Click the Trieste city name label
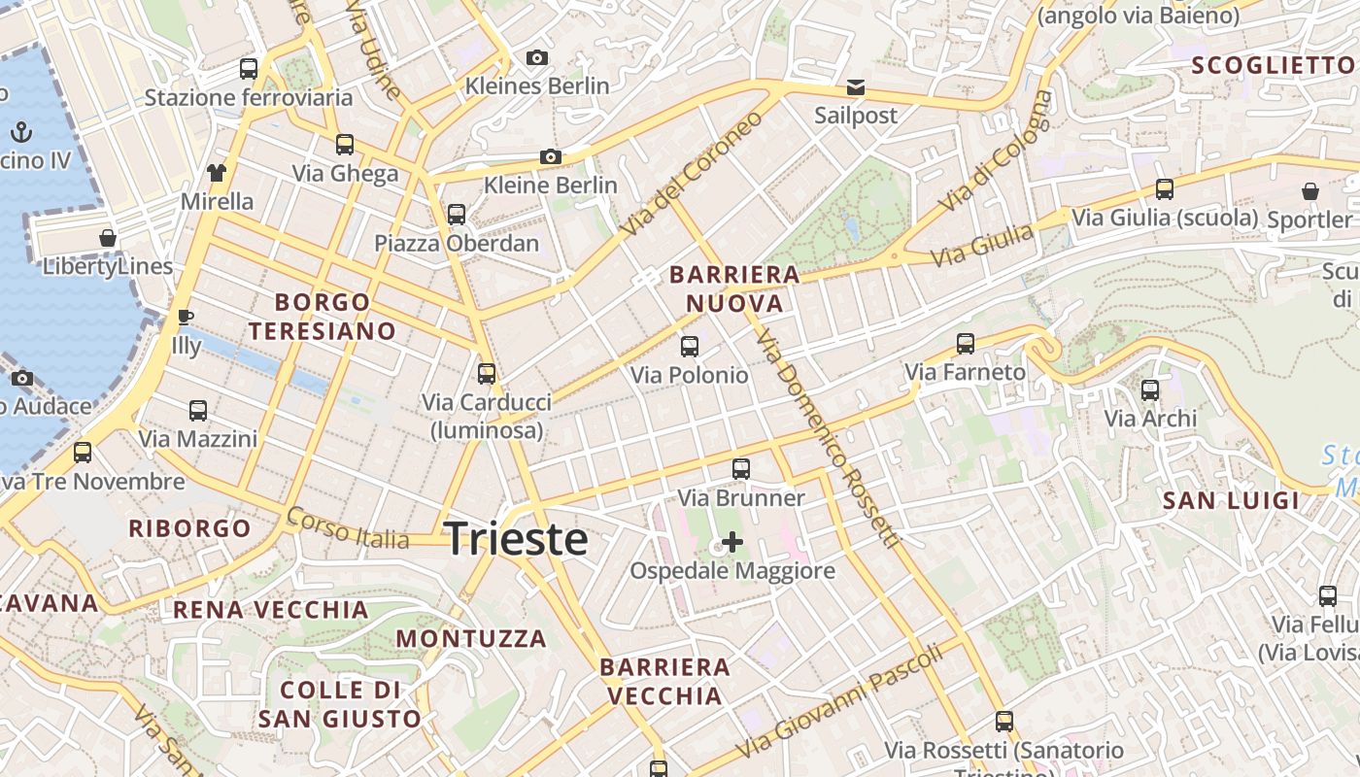516,539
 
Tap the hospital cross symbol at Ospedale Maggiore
732,542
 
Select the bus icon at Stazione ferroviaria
249,69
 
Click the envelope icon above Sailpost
856,87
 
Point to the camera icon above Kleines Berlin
537,58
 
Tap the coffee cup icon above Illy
186,317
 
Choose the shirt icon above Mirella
216,173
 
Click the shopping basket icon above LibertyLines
108,238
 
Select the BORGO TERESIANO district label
322,317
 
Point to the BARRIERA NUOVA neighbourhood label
734,289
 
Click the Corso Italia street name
347,528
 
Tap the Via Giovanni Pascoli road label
840,701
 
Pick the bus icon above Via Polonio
690,346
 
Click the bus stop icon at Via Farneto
965,343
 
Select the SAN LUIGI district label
1231,501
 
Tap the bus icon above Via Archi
1150,390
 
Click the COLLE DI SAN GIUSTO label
339,705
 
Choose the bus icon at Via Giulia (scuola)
1164,189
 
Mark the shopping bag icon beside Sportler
1310,191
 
